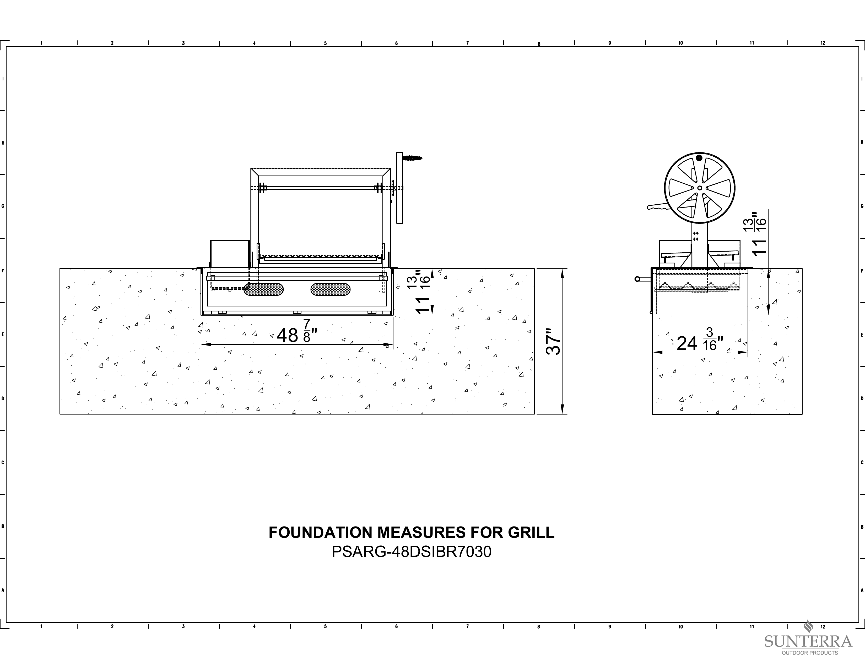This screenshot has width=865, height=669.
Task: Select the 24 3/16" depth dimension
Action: coord(700,340)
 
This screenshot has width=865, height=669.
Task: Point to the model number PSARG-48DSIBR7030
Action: coord(412,552)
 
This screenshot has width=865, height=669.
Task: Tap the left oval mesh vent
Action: coord(263,289)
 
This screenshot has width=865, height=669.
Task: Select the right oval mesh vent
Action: coord(330,289)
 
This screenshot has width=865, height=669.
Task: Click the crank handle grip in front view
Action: coord(412,158)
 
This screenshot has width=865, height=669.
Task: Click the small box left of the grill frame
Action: coord(230,254)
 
